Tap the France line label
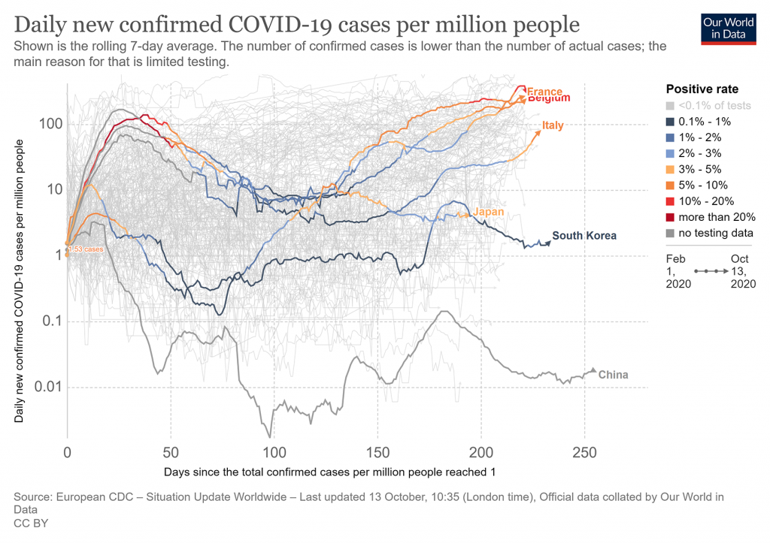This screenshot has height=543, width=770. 544,92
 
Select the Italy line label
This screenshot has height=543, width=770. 553,125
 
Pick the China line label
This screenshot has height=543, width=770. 613,375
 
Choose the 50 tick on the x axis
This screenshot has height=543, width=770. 171,453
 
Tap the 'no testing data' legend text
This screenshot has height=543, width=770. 715,233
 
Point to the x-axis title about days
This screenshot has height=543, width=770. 329,472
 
